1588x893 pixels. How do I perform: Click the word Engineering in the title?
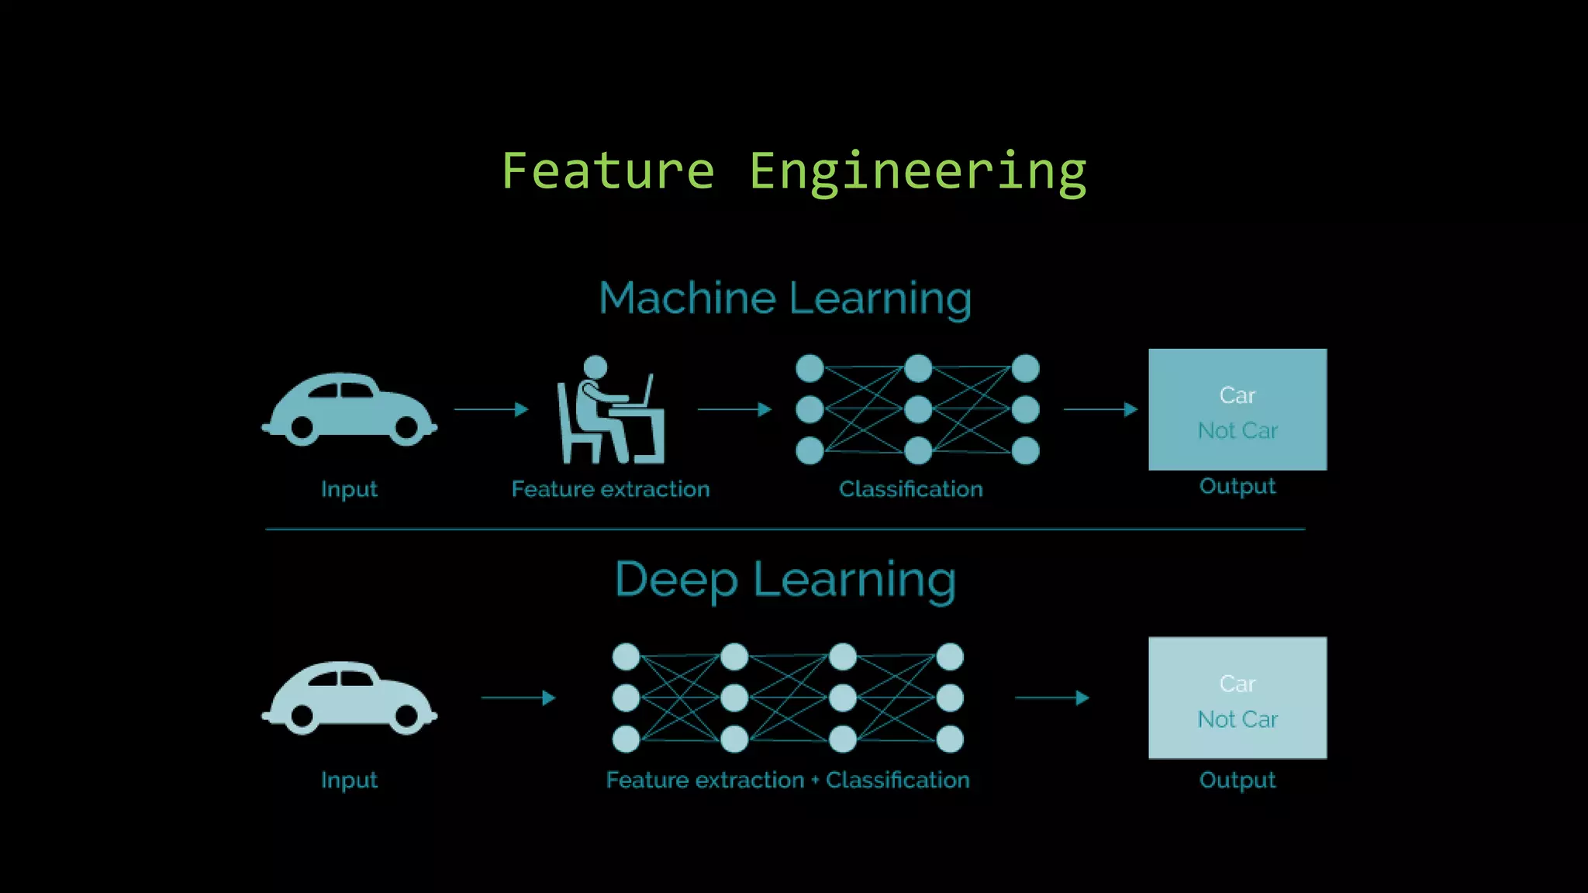pyautogui.click(x=917, y=172)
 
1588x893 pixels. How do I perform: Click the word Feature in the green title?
pyautogui.click(x=608, y=172)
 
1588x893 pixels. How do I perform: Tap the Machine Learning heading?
pyautogui.click(x=785, y=298)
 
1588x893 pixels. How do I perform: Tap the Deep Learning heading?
pyautogui.click(x=785, y=580)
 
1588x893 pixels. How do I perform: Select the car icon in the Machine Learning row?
pyautogui.click(x=349, y=409)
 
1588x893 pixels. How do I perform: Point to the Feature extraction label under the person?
pyautogui.click(x=610, y=489)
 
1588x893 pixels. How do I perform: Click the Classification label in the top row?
pyautogui.click(x=910, y=489)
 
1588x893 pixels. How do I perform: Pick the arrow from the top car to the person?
pyautogui.click(x=491, y=409)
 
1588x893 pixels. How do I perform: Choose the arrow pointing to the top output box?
pyautogui.click(x=1100, y=409)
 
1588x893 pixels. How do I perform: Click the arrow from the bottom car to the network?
pyautogui.click(x=518, y=698)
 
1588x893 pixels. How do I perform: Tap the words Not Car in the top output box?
pyautogui.click(x=1238, y=431)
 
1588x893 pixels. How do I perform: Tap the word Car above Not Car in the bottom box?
pyautogui.click(x=1238, y=684)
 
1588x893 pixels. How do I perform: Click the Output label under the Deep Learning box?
pyautogui.click(x=1238, y=780)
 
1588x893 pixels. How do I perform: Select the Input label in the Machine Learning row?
pyautogui.click(x=349, y=489)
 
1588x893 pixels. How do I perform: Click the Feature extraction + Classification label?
pyautogui.click(x=787, y=780)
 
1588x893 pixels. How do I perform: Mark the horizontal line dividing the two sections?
pyautogui.click(x=785, y=529)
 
